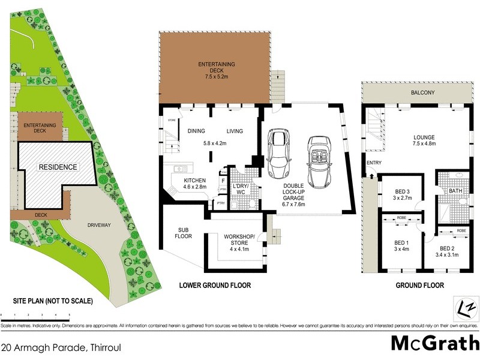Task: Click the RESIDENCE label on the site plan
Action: click(x=58, y=167)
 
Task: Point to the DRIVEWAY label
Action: click(x=98, y=225)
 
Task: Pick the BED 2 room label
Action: click(x=448, y=251)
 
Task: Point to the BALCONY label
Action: click(x=423, y=93)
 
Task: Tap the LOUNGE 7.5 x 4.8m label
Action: click(x=424, y=140)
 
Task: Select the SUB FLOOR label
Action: click(x=184, y=233)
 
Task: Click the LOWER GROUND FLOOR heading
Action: click(x=215, y=286)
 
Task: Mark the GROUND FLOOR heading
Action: click(x=419, y=286)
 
